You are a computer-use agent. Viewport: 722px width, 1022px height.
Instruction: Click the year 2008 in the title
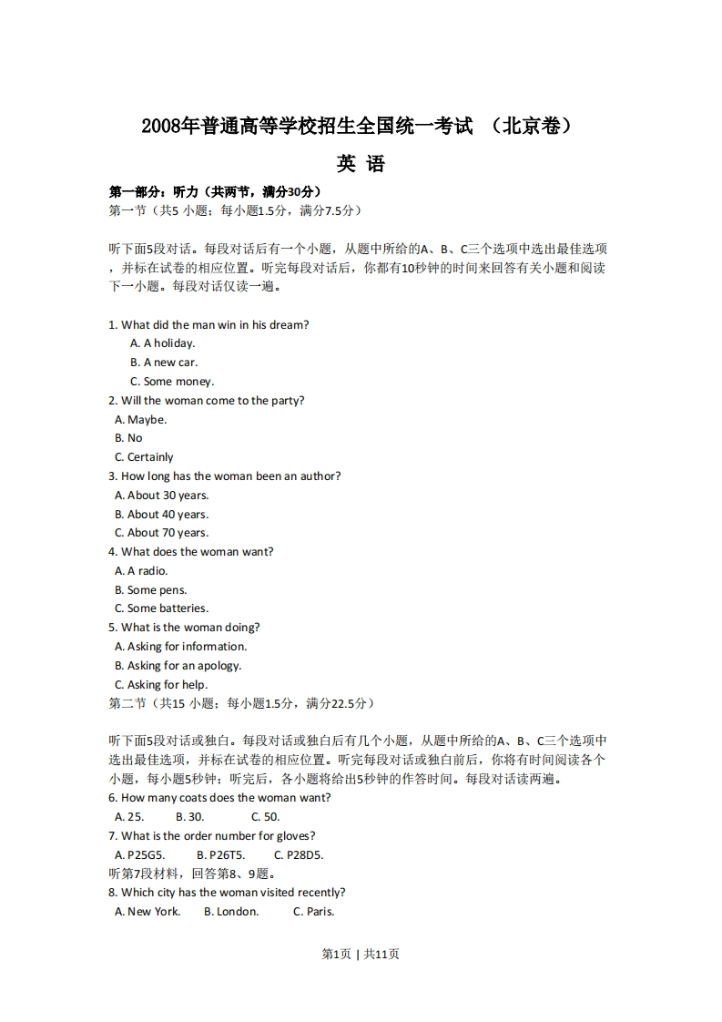(x=159, y=126)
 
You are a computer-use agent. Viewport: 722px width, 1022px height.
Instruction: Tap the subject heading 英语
(x=361, y=164)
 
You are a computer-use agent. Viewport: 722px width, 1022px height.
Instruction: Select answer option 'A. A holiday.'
(x=163, y=343)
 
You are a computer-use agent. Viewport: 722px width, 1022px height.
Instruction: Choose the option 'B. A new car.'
(x=164, y=363)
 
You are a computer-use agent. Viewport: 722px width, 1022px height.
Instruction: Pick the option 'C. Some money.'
(x=172, y=382)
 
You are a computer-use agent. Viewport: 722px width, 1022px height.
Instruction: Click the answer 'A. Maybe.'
(x=141, y=420)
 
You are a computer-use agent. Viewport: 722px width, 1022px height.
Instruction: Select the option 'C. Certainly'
(x=144, y=457)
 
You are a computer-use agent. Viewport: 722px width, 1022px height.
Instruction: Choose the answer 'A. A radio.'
(x=141, y=571)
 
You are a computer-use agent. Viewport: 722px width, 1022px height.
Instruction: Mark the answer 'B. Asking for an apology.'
(x=178, y=666)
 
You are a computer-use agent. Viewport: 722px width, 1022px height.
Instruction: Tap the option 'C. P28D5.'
(x=299, y=855)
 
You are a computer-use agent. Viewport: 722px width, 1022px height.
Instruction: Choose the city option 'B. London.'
(x=231, y=912)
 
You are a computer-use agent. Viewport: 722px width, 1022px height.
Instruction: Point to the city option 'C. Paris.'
(x=314, y=912)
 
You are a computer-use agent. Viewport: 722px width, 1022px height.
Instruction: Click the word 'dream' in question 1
(x=288, y=325)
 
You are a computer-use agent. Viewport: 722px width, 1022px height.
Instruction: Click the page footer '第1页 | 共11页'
(x=361, y=955)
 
